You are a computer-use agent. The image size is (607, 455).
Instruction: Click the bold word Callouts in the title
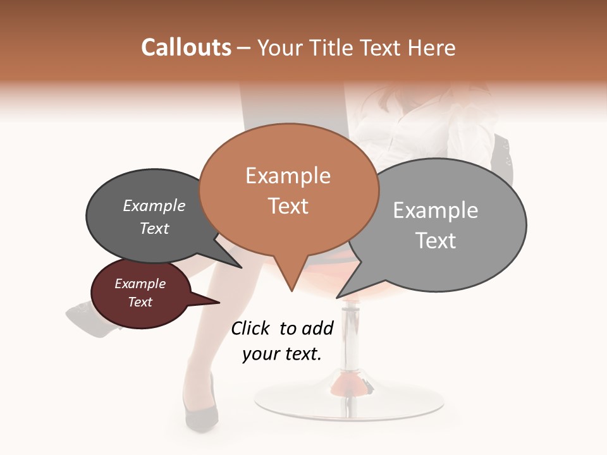[186, 47]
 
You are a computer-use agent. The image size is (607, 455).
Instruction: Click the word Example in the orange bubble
[288, 176]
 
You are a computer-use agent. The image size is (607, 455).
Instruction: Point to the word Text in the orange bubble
[288, 206]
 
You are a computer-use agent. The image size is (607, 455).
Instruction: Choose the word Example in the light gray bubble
[436, 210]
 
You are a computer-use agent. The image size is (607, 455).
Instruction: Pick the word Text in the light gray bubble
[436, 241]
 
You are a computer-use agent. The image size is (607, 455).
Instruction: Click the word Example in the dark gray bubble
[154, 206]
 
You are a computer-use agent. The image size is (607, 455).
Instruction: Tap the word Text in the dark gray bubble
[154, 228]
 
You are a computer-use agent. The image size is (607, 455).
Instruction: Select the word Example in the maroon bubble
[140, 284]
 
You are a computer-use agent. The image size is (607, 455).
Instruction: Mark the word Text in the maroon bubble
[140, 302]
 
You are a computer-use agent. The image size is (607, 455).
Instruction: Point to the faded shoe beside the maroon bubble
[85, 316]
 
